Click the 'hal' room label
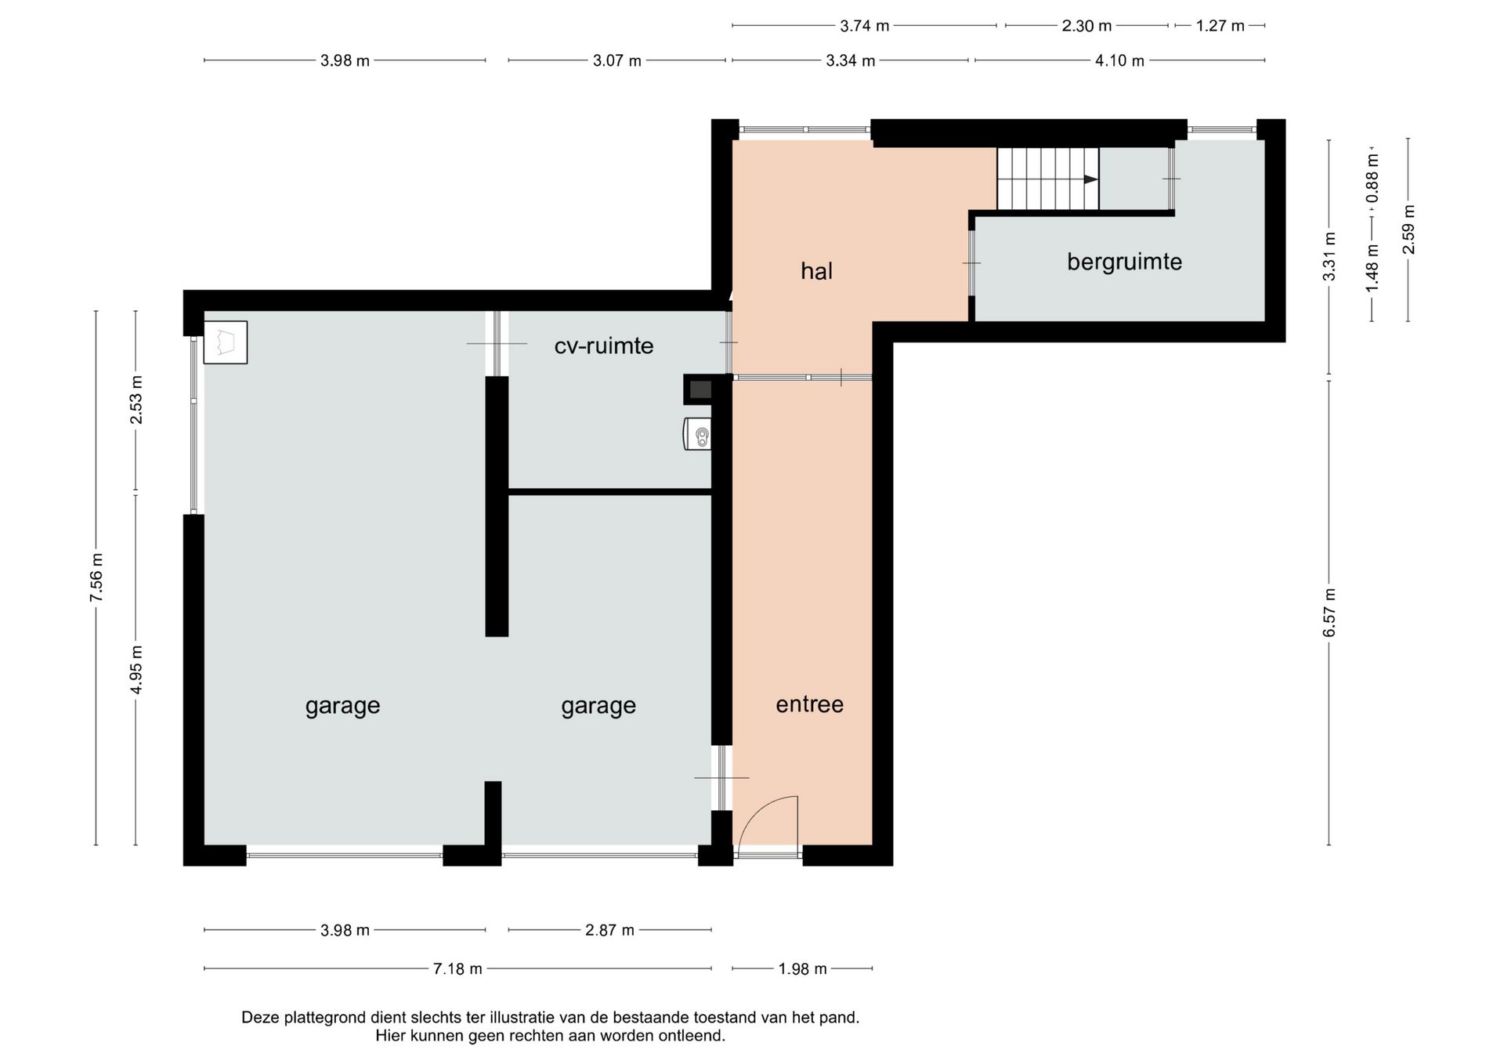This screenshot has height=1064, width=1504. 816,271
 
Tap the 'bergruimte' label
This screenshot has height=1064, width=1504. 1124,262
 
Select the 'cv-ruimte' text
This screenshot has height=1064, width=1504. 603,346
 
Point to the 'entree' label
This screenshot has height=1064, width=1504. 809,704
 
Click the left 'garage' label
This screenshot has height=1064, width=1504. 342,707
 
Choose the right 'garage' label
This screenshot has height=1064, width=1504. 598,707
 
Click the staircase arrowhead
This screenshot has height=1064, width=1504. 1090,179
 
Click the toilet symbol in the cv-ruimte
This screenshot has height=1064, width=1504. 697,434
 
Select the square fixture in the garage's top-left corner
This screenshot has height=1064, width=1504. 226,342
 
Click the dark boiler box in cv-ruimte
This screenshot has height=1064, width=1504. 699,389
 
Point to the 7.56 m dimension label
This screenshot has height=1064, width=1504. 96,577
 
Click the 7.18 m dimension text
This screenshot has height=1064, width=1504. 457,969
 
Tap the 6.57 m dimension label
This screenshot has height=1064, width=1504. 1329,612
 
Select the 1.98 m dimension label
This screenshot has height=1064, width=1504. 802,969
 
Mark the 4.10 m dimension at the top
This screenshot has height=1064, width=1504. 1119,60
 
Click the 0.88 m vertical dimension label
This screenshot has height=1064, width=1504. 1372,177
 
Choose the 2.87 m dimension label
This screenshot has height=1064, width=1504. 609,930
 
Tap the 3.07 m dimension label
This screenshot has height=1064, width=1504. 616,60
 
